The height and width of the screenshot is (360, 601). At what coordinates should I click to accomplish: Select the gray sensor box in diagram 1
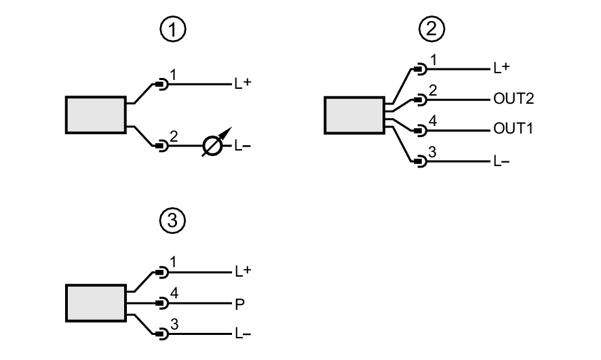pyautogui.click(x=96, y=115)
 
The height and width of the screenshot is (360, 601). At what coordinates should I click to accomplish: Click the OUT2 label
pyautogui.click(x=514, y=99)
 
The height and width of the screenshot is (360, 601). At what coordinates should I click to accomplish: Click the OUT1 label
pyautogui.click(x=514, y=129)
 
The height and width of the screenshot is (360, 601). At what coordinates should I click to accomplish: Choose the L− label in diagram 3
pyautogui.click(x=242, y=334)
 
